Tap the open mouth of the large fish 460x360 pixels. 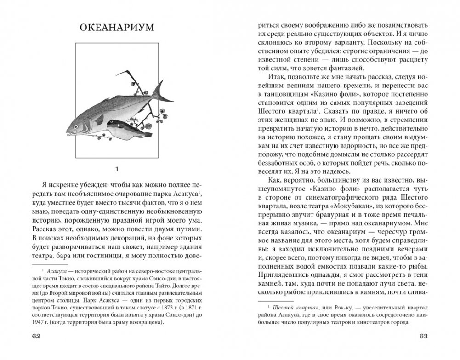coord(69,133)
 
